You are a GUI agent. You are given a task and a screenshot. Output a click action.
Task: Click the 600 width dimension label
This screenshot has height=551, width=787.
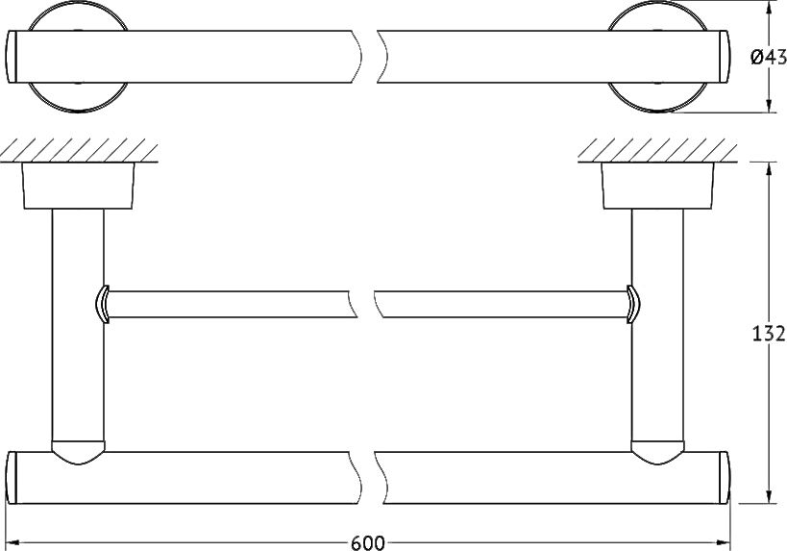(x=368, y=543)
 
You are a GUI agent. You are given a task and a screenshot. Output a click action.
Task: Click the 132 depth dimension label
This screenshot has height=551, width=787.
(x=768, y=334)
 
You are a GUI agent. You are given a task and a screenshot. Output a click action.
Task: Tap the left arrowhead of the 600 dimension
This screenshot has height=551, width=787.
(x=12, y=542)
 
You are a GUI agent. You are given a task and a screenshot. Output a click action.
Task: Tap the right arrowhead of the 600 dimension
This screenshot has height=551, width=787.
(x=723, y=542)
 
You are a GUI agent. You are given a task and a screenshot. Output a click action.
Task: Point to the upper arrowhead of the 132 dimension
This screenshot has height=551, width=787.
(x=769, y=169)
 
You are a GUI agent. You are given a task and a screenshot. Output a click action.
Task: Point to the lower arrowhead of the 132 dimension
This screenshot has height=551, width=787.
(x=769, y=496)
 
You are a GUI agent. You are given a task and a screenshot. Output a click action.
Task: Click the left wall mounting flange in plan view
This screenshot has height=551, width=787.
(x=78, y=186)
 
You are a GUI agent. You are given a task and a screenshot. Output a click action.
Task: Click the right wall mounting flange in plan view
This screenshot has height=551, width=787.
(x=657, y=186)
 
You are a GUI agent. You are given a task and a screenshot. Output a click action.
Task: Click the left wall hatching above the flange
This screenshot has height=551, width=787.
(x=80, y=150)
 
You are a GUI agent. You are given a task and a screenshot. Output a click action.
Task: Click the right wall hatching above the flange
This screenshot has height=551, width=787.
(x=657, y=150)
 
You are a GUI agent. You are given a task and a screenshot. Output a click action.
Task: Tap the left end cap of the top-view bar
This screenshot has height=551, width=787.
(x=12, y=57)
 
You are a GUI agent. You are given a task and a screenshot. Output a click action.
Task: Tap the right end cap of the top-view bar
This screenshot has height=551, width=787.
(x=725, y=57)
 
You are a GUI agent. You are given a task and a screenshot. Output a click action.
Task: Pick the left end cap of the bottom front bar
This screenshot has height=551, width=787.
(x=12, y=478)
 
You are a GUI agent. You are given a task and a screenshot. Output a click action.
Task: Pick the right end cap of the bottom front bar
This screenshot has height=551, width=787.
(x=725, y=478)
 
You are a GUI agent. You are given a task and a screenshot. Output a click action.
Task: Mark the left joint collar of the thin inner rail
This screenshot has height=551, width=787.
(x=102, y=305)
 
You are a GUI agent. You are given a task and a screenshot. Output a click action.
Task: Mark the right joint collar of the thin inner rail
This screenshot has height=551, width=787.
(x=633, y=305)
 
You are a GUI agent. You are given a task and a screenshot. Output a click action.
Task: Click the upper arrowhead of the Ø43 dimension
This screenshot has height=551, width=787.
(x=769, y=8)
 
